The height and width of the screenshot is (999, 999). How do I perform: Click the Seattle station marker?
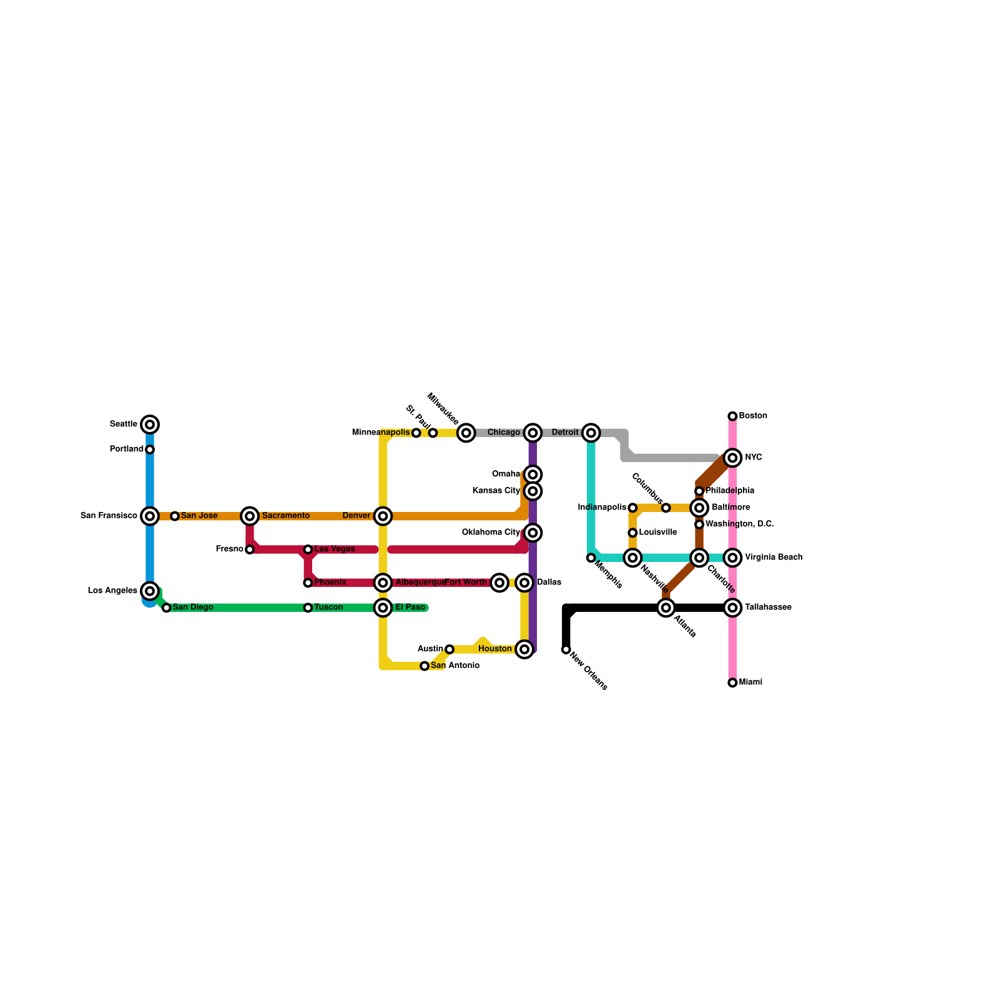coord(150,425)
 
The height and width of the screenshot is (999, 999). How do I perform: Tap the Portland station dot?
coord(150,450)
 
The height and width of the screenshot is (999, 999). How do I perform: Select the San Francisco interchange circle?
coord(150,516)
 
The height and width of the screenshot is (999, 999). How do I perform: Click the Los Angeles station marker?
coord(150,591)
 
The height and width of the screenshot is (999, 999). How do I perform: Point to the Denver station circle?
coord(383,516)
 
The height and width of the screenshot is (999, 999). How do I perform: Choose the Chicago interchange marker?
coord(533,433)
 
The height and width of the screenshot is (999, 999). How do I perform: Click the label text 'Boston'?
coord(753,416)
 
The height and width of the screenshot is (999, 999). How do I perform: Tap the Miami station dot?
coord(732,683)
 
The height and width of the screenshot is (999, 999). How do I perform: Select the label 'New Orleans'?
coord(589,672)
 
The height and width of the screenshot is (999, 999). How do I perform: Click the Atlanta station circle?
coord(666,608)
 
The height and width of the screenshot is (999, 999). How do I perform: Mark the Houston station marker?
coord(525,649)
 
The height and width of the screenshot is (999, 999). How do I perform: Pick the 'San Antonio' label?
coord(455,666)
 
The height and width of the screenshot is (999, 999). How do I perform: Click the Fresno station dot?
coord(250,549)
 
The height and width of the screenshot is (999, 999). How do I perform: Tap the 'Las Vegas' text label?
coord(335,549)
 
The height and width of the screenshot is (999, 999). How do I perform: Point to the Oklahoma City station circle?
coord(533,533)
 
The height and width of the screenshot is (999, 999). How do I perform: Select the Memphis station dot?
coord(591,558)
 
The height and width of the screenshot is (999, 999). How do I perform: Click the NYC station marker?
coord(733,458)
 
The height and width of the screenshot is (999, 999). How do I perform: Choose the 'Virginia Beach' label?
coord(774,558)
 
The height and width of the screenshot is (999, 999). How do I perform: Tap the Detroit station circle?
coord(591,433)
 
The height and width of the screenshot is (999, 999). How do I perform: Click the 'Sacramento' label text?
coord(286,516)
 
